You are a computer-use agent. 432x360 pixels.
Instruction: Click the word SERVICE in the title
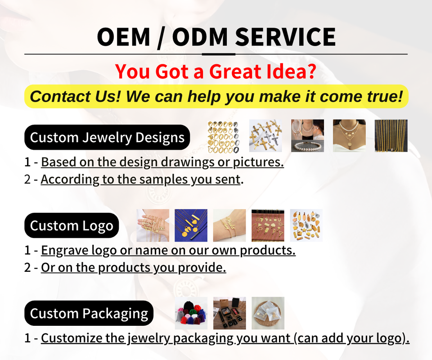pyautogui.click(x=285, y=37)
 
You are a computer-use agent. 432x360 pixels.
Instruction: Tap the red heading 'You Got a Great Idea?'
pyautogui.click(x=216, y=72)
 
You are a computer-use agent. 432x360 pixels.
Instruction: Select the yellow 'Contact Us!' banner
pyautogui.click(x=216, y=96)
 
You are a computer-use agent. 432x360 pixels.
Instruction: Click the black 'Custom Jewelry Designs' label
pyautogui.click(x=107, y=137)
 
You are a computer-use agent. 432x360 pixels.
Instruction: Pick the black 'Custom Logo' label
pyautogui.click(x=72, y=225)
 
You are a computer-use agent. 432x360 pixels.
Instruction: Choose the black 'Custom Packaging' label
pyautogui.click(x=89, y=313)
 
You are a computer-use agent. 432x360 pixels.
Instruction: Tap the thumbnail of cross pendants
pyautogui.click(x=265, y=136)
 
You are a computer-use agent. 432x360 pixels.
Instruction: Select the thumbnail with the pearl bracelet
pyautogui.click(x=307, y=136)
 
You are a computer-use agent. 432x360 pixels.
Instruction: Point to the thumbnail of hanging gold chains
pyautogui.click(x=391, y=136)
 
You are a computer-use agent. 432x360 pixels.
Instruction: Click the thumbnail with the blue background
pyautogui.click(x=191, y=225)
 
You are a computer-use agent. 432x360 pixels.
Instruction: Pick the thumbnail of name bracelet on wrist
pyautogui.click(x=229, y=225)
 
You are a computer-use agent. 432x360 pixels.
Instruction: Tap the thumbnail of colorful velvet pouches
pyautogui.click(x=191, y=313)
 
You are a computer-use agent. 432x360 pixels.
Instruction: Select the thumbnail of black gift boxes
pyautogui.click(x=229, y=313)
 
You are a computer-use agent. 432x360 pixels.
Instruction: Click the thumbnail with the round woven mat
pyautogui.click(x=268, y=313)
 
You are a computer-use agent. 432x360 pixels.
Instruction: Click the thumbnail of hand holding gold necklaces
pyautogui.click(x=153, y=225)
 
